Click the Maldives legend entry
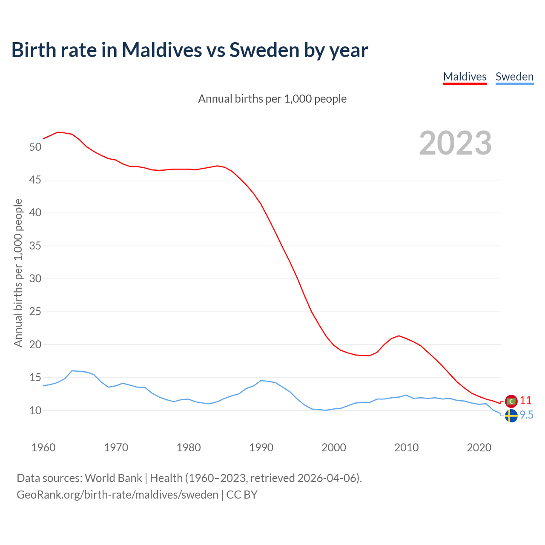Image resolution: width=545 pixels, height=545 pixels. (465, 77)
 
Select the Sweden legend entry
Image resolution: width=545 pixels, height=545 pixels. (514, 77)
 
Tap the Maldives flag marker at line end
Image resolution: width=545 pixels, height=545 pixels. (511, 401)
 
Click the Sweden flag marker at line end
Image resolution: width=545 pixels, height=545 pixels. (511, 416)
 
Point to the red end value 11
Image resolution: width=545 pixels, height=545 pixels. (526, 400)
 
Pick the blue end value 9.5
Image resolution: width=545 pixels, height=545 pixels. (527, 415)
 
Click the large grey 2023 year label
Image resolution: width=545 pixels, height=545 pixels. (455, 143)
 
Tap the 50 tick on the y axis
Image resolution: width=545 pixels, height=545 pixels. (35, 147)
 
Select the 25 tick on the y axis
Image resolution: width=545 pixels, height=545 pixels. (35, 312)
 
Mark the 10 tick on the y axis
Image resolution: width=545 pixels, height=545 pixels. (35, 411)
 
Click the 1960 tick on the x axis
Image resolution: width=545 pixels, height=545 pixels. (43, 447)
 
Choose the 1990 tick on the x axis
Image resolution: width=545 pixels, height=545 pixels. (261, 447)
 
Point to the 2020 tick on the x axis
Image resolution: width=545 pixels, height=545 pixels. (479, 447)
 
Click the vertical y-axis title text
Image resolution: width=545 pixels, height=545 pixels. (18, 272)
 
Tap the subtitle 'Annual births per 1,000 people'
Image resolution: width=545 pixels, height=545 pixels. (272, 99)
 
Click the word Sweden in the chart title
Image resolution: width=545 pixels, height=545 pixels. (264, 50)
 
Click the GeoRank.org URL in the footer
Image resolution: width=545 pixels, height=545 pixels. (118, 495)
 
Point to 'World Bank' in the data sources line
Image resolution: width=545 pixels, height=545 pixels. (113, 478)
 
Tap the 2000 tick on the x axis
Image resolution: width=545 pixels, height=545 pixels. (334, 447)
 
